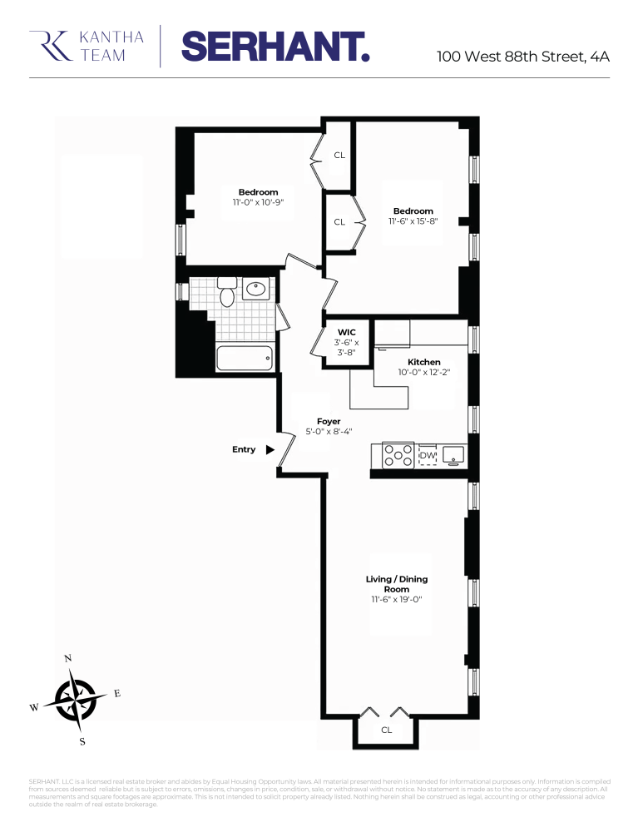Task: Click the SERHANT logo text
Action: (275, 46)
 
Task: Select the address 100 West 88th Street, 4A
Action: (523, 57)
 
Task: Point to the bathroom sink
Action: (256, 290)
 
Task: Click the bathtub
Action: (245, 359)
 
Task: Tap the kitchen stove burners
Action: (398, 455)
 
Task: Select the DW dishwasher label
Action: (428, 455)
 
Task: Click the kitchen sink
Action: (454, 454)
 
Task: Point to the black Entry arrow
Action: (270, 449)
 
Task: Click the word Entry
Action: (244, 449)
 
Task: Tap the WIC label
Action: (347, 333)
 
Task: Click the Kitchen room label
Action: (423, 362)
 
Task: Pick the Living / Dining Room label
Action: (398, 584)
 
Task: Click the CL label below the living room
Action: (387, 730)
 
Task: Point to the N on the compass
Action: (68, 658)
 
